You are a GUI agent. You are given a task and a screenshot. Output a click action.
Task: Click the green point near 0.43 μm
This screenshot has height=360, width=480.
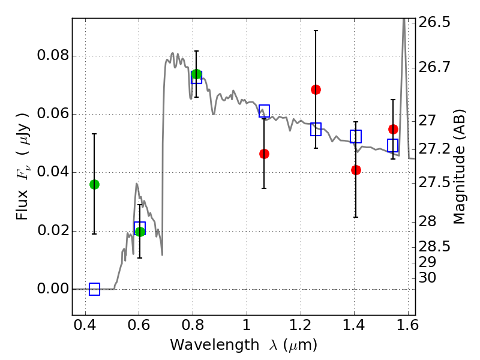click(x=94, y=184)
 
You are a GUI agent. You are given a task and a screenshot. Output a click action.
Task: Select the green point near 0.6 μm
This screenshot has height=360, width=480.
click(x=140, y=232)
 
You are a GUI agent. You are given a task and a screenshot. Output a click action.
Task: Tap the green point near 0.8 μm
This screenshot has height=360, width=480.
click(x=196, y=74)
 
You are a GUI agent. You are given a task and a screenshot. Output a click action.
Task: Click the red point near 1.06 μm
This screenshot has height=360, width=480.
click(x=264, y=154)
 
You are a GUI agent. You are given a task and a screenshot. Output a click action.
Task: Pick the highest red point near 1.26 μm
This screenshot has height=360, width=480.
click(x=316, y=89)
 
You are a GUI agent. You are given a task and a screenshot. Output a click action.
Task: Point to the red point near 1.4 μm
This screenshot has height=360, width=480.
click(x=356, y=170)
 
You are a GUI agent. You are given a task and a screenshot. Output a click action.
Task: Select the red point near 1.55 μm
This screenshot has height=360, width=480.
click(x=393, y=129)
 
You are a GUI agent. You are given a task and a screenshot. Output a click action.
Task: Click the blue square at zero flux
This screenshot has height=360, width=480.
click(x=94, y=289)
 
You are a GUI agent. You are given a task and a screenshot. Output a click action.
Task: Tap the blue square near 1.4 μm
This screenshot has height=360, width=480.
click(x=356, y=136)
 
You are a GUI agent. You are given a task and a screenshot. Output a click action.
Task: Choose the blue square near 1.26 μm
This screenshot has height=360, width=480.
click(x=316, y=129)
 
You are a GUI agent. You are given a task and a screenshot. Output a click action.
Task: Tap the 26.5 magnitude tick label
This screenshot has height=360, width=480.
click(x=435, y=23)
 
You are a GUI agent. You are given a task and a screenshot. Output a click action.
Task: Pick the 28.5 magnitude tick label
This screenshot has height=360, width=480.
click(x=435, y=247)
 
